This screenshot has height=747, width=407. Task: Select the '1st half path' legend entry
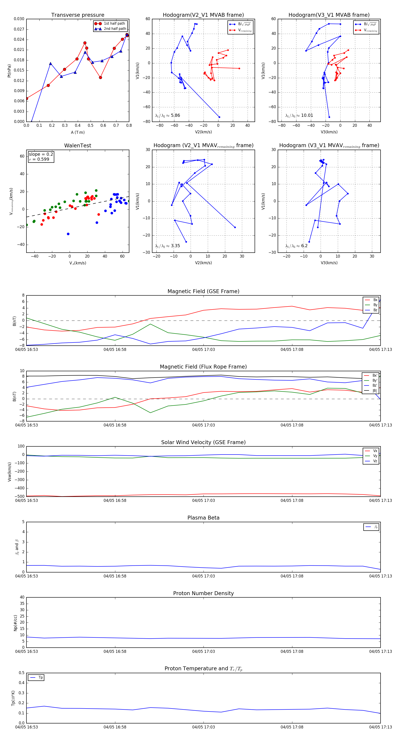[x=114, y=24]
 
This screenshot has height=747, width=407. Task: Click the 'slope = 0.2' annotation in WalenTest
[x=41, y=154]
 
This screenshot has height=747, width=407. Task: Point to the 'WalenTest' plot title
[x=78, y=146]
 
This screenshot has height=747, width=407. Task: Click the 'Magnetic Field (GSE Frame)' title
[x=203, y=291]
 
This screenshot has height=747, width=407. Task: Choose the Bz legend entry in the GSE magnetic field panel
[x=375, y=310]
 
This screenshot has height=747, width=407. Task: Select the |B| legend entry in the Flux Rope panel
[x=375, y=391]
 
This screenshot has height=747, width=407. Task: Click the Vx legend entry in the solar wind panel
[x=375, y=451]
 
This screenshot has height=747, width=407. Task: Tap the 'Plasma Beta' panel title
[x=203, y=518]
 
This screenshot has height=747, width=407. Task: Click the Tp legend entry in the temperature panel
[x=40, y=678]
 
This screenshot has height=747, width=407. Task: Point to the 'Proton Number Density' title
[x=203, y=593]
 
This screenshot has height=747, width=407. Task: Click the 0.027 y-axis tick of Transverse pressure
[x=19, y=29]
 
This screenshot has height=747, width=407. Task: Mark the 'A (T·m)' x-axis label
[x=78, y=132]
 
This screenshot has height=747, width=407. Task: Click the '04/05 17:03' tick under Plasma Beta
[x=203, y=576]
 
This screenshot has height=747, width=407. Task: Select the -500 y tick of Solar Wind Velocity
[x=20, y=496]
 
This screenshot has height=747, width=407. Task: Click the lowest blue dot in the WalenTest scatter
[x=68, y=234]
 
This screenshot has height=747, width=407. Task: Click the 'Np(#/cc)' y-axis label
[x=15, y=623]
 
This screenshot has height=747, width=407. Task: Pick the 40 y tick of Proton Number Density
[x=22, y=597]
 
